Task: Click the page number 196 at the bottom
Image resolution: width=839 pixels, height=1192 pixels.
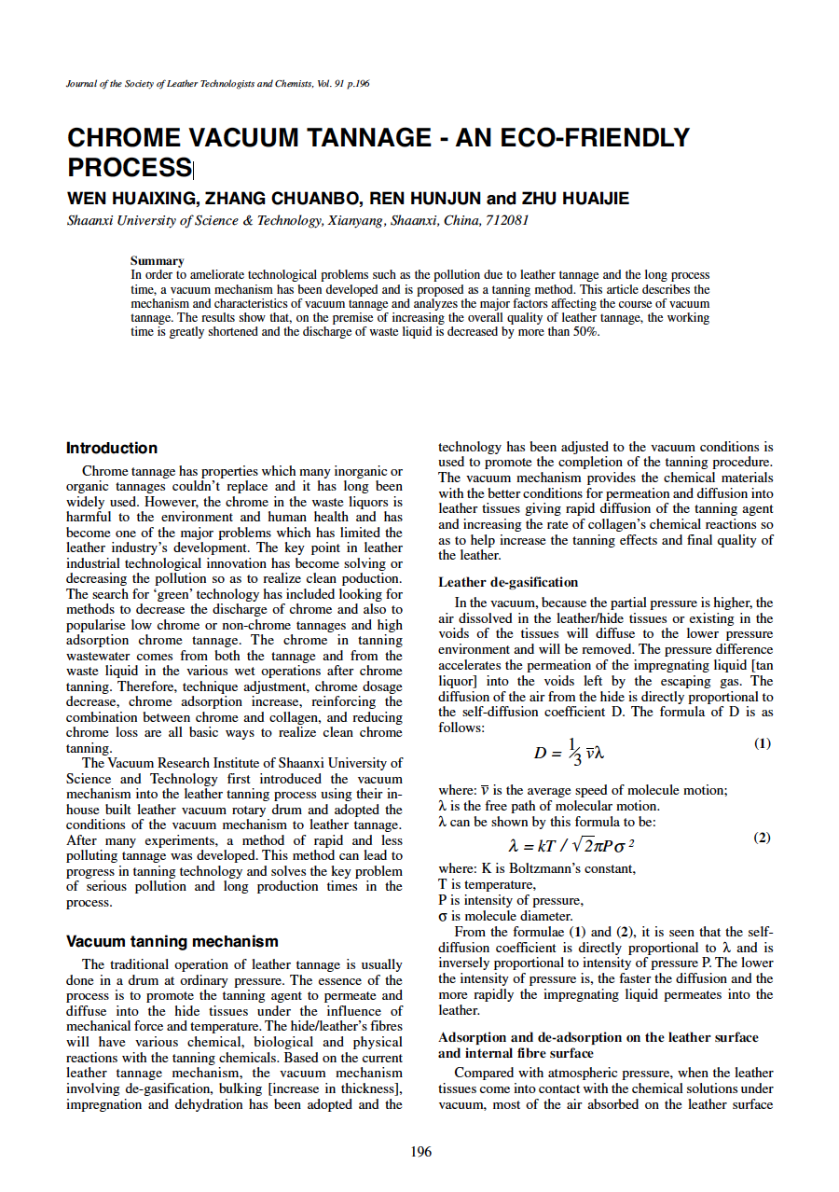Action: pos(421,1152)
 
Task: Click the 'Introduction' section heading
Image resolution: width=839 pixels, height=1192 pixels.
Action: pos(112,448)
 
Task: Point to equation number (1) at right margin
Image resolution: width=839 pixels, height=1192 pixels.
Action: pos(762,743)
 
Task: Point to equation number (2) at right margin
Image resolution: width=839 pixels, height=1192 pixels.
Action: pos(762,838)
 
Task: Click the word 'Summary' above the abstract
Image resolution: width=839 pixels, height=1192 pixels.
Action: pos(157,260)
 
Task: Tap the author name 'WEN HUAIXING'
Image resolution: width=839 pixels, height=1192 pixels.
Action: pos(131,199)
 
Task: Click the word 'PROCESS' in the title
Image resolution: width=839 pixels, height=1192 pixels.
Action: pos(129,168)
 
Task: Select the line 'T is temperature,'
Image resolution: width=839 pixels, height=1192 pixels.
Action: pos(487,883)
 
